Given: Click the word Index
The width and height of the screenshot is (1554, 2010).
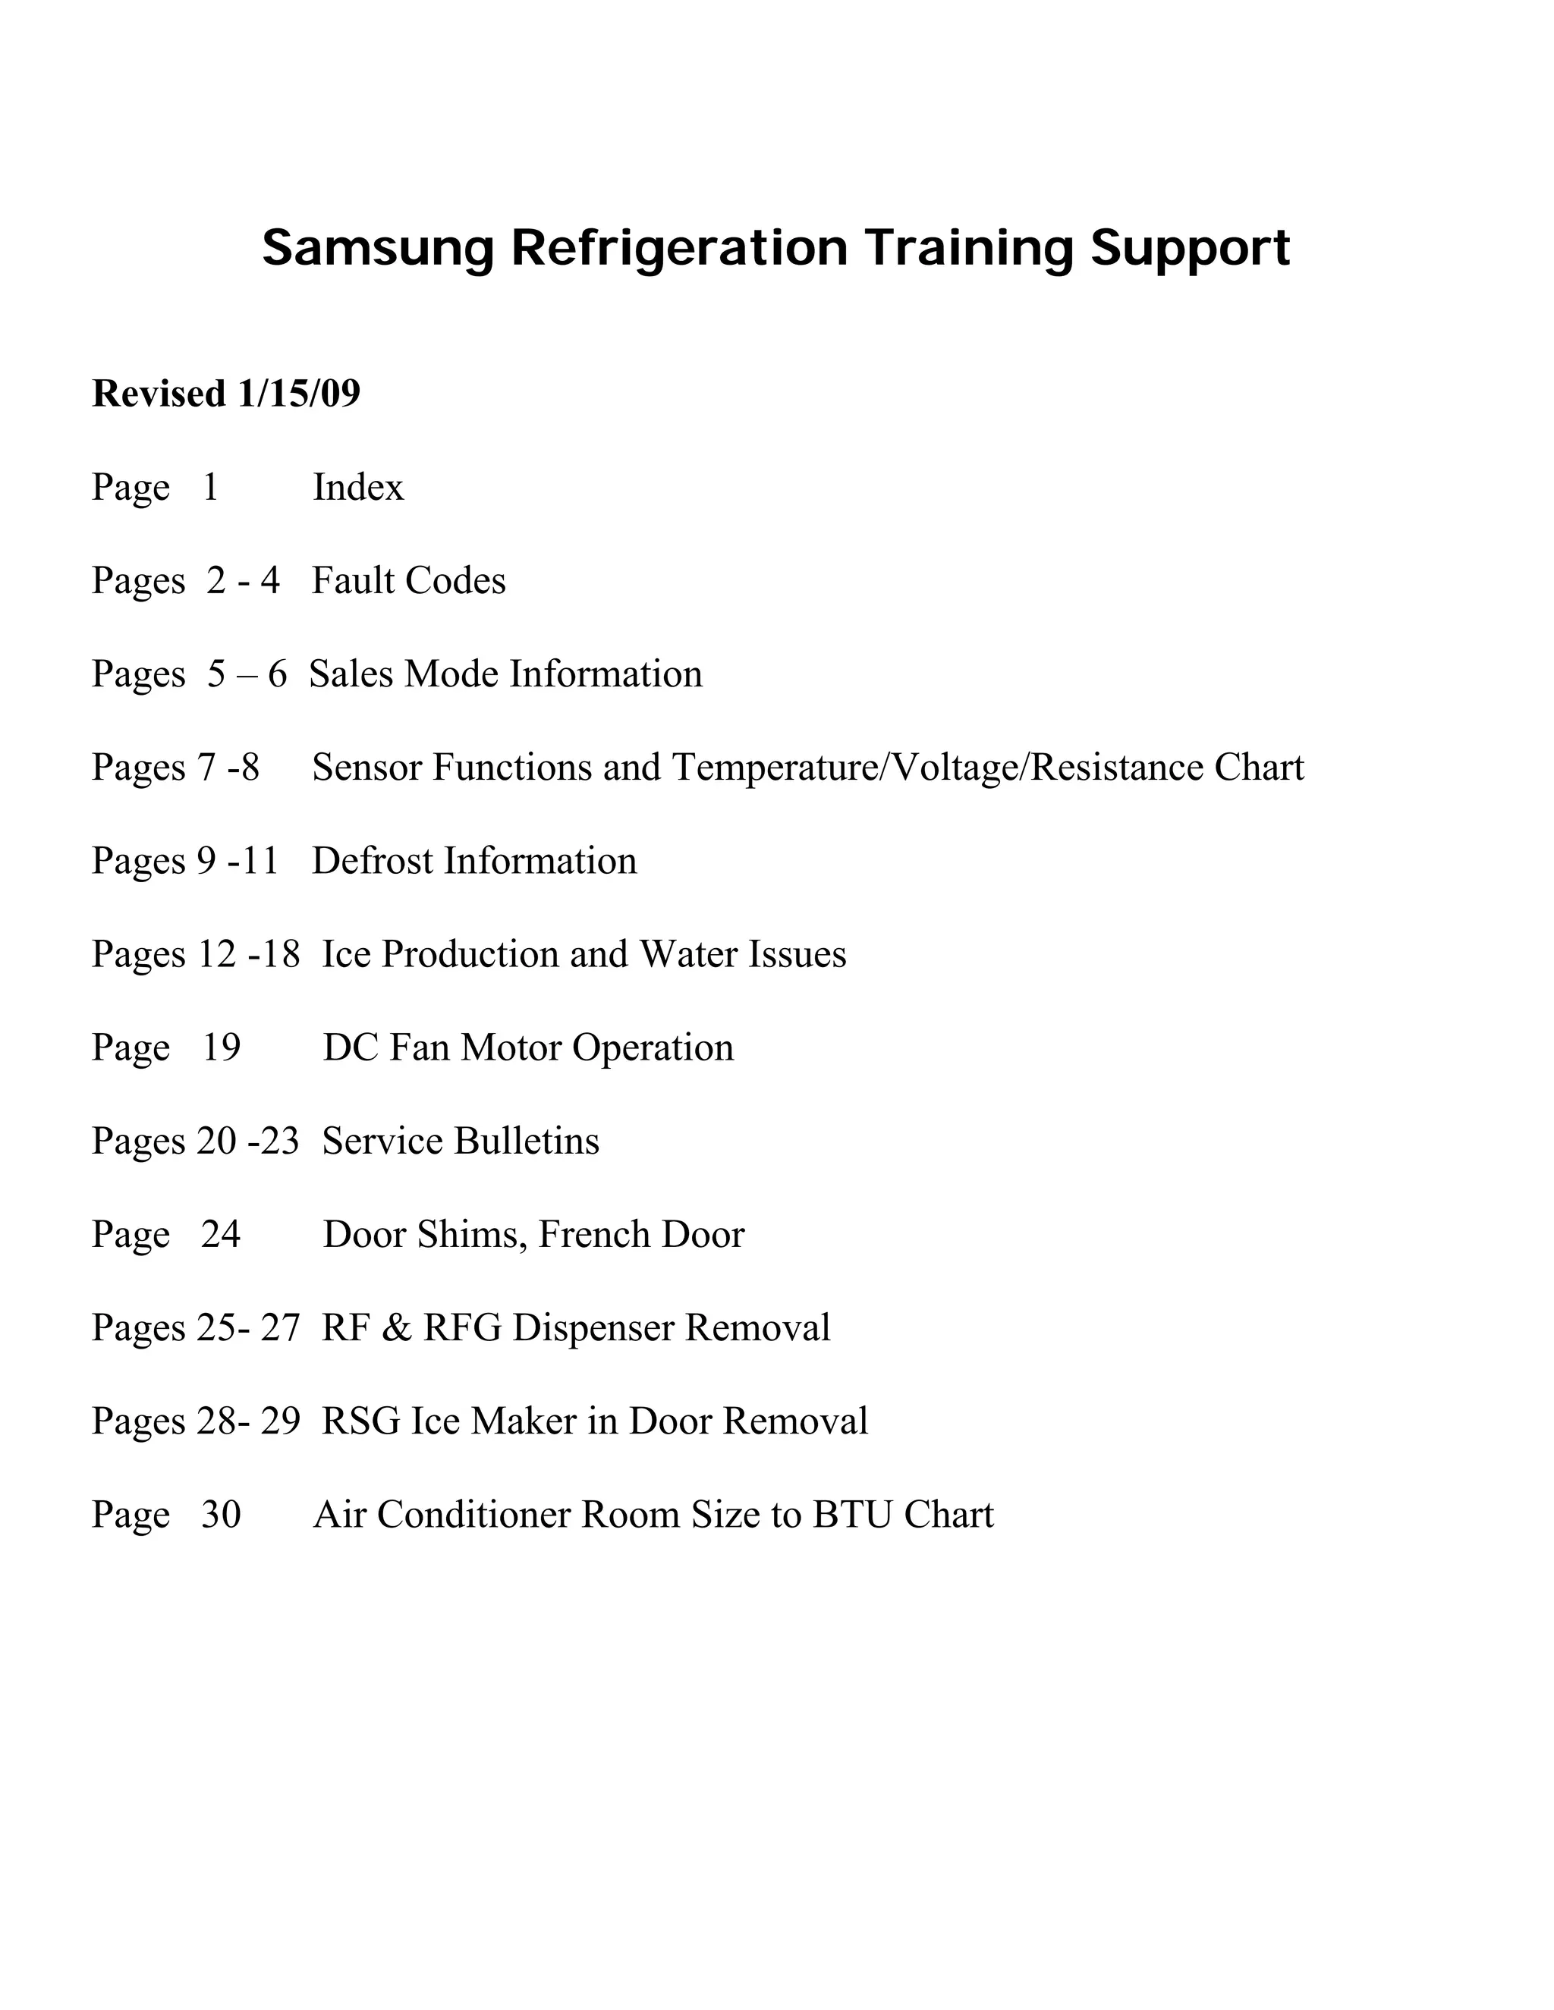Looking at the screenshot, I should (358, 487).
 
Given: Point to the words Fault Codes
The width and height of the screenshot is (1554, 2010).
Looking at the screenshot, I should (409, 581).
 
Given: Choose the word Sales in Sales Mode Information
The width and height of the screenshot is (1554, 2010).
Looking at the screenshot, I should (351, 674).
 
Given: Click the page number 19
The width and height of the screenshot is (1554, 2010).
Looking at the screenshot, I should (221, 1047).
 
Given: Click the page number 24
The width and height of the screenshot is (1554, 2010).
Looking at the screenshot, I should (221, 1234).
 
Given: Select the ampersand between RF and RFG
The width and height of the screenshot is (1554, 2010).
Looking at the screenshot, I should (396, 1328).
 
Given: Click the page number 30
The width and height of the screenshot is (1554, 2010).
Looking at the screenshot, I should (221, 1515).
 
